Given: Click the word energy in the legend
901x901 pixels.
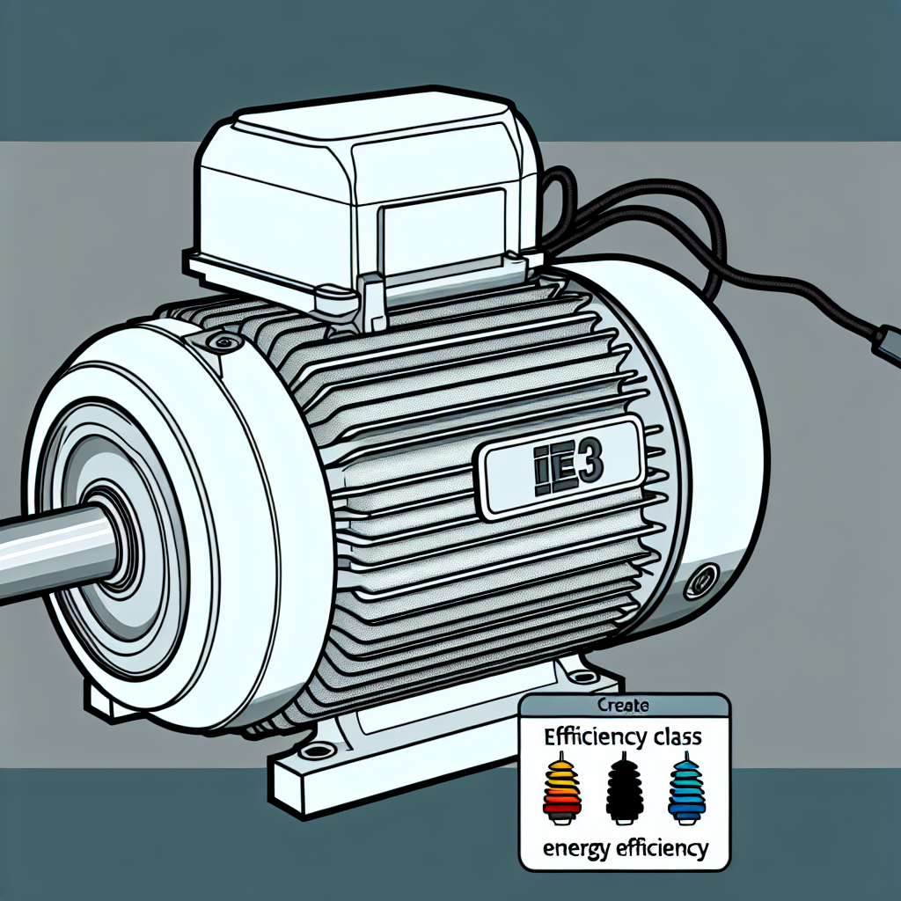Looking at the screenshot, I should click(x=574, y=849).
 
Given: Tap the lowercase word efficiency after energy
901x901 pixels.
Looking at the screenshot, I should click(x=660, y=849).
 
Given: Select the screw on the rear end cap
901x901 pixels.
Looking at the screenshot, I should click(x=701, y=582).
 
